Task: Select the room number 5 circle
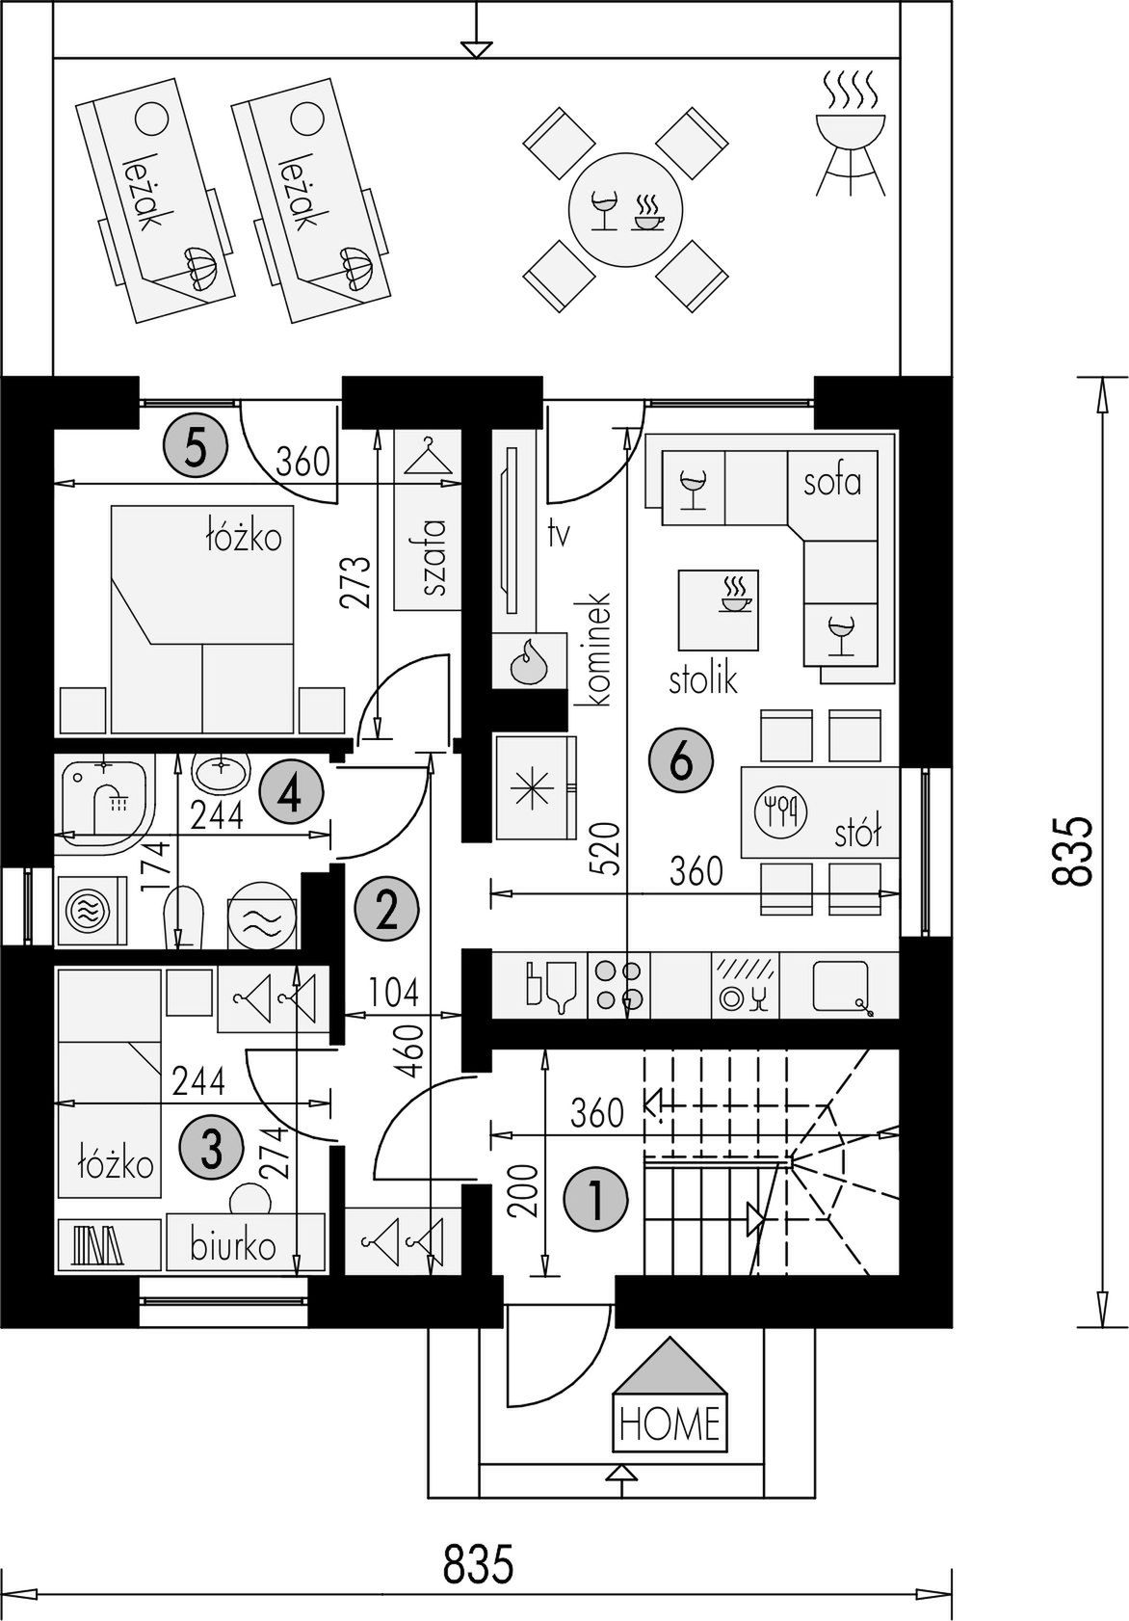click(x=195, y=447)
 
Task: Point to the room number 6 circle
click(x=681, y=761)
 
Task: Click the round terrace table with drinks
click(x=625, y=209)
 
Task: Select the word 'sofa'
click(x=832, y=481)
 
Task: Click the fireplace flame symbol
click(x=529, y=661)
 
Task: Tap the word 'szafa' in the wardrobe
click(x=433, y=557)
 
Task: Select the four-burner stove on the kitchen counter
click(x=618, y=985)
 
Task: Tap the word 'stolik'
click(x=703, y=680)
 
